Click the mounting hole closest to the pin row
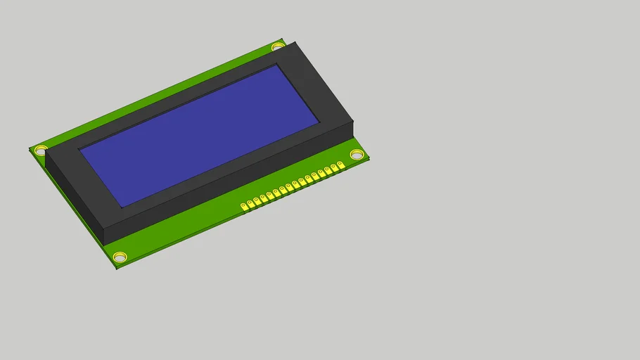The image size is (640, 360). pyautogui.click(x=357, y=154)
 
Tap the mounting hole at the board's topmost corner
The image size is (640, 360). pyautogui.click(x=278, y=46)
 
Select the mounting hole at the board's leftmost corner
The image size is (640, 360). pyautogui.click(x=41, y=149)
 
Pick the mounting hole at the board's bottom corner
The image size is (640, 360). pyautogui.click(x=120, y=257)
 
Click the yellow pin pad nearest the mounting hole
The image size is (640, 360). pyautogui.click(x=340, y=165)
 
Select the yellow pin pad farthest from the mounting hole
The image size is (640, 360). pyautogui.click(x=244, y=206)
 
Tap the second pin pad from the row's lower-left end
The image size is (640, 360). pyautogui.click(x=250, y=203)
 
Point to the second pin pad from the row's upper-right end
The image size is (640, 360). pyautogui.click(x=334, y=168)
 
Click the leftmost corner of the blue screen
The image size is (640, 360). pyautogui.click(x=79, y=149)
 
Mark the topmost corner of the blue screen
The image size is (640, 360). pyautogui.click(x=276, y=65)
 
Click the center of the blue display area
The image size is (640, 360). pyautogui.click(x=200, y=136)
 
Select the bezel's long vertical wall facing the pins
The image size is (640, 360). pyautogui.click(x=232, y=183)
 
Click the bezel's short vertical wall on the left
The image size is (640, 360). pyautogui.click(x=74, y=198)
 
